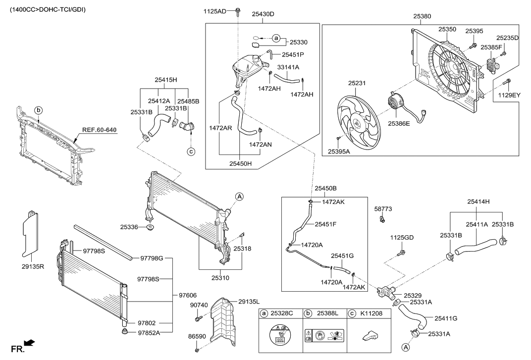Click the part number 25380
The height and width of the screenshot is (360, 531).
point(421,16)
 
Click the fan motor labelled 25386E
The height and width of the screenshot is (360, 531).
point(398,103)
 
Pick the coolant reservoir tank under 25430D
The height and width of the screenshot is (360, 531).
point(246,68)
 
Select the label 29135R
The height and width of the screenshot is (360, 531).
point(33,267)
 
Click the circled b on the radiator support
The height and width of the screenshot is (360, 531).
point(39,109)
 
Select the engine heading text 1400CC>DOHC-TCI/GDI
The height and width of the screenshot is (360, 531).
point(45,9)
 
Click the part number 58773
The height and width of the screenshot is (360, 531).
point(383,209)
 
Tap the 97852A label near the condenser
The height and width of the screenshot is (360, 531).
point(149,333)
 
